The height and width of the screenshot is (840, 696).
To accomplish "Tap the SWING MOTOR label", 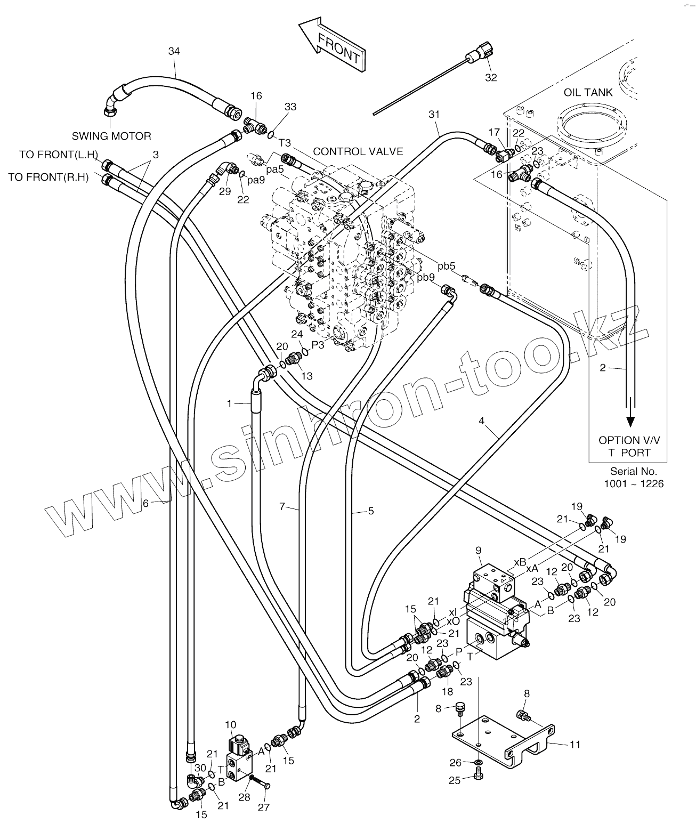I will [x=111, y=136].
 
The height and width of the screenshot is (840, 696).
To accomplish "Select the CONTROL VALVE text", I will [x=358, y=151].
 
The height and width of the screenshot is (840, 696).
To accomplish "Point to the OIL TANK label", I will [x=588, y=92].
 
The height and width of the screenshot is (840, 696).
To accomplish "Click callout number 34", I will [x=174, y=51].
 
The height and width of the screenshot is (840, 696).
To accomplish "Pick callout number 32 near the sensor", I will [x=490, y=78].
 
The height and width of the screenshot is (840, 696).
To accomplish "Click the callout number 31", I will [x=434, y=114].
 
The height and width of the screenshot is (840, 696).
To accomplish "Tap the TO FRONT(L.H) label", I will [x=59, y=155].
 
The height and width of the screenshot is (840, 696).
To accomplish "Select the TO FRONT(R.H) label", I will [x=48, y=177].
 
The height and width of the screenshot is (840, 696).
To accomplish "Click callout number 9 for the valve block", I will [x=478, y=550].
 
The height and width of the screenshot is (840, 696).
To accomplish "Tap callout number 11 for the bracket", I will [x=575, y=744].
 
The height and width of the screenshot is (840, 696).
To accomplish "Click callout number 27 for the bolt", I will [x=264, y=807].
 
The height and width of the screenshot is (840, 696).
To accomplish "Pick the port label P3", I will [x=318, y=345].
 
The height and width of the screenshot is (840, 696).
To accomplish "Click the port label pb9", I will [x=426, y=277].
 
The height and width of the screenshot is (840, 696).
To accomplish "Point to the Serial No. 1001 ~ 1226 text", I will [x=634, y=478].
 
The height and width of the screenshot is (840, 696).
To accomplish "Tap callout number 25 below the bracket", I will [x=454, y=780].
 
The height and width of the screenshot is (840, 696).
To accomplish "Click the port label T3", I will [x=285, y=142].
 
